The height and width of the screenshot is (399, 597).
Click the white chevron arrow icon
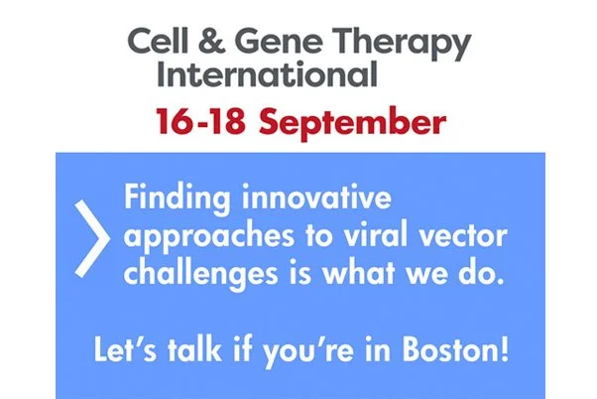pyautogui.click(x=91, y=237)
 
